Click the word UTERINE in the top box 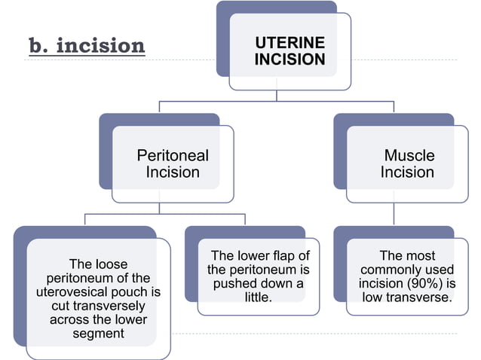[x=290, y=43]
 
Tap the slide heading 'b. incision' [x=87, y=47]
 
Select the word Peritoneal [x=173, y=156]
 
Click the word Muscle [x=409, y=156]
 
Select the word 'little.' [x=258, y=297]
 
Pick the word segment [x=98, y=334]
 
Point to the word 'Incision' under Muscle [x=407, y=172]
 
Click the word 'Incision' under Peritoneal [x=173, y=172]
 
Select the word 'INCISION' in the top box [x=290, y=59]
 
